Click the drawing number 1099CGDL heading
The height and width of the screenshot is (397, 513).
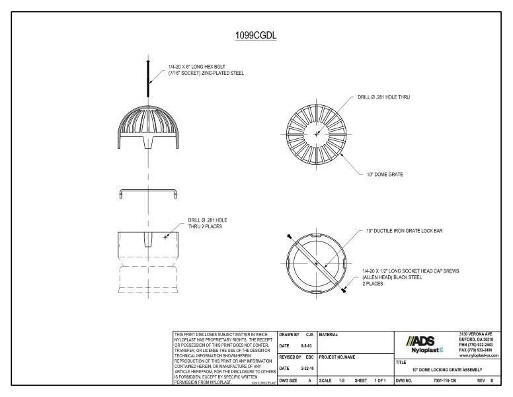(256, 35)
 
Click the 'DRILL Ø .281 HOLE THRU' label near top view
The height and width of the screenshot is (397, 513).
(383, 97)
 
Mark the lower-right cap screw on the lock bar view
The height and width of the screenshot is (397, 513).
(344, 289)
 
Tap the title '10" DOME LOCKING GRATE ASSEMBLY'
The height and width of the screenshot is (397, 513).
(446, 369)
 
